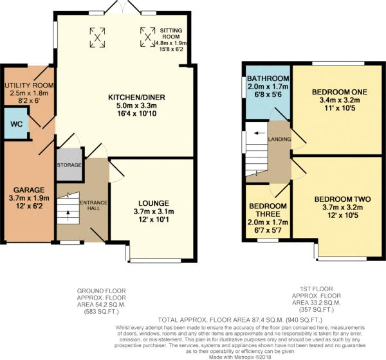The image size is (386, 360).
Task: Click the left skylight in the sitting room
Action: pos(98,37)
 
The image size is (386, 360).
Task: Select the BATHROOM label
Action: pos(267,79)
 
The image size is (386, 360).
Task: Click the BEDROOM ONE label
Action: pos(339,93)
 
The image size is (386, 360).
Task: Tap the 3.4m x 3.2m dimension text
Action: pos(339,101)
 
